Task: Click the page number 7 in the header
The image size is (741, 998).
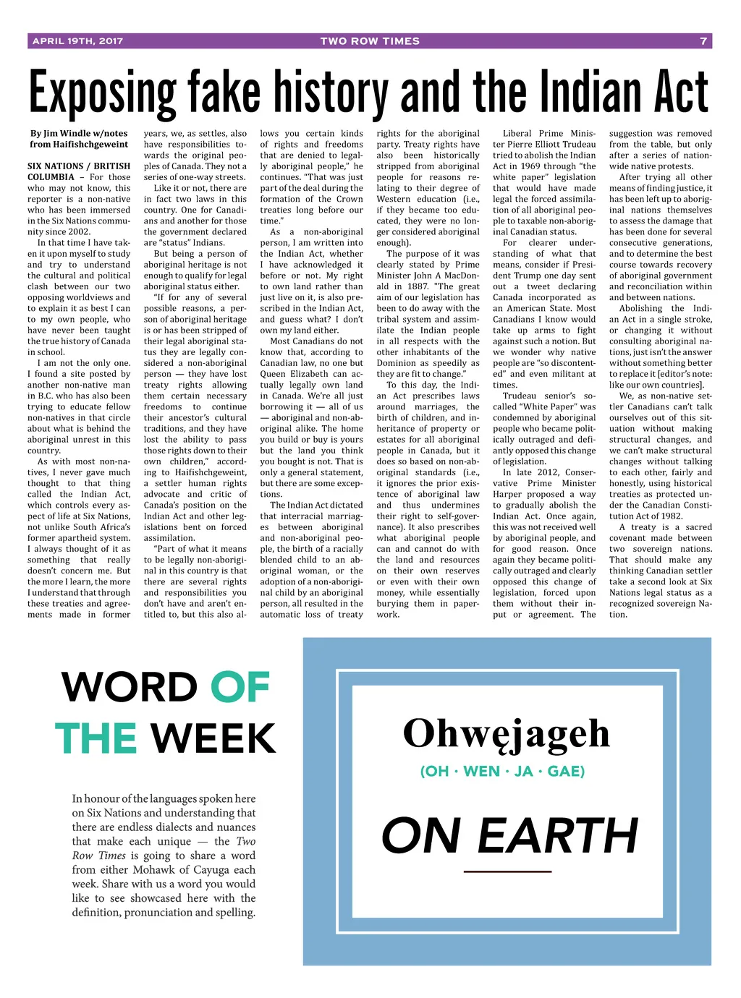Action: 703,41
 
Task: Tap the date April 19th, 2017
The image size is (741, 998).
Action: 77,41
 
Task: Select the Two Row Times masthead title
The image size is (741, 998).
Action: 370,41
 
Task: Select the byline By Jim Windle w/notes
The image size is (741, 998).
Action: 79,133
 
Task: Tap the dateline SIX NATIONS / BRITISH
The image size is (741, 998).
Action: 79,166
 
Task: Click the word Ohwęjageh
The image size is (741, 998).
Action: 507,733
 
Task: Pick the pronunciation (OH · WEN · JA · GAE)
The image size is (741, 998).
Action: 502,771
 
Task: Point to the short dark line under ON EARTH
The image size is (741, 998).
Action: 507,871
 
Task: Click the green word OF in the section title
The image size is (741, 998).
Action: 240,687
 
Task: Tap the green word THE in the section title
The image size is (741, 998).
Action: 96,738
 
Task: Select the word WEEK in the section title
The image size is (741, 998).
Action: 213,738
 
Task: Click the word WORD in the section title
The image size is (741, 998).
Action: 129,687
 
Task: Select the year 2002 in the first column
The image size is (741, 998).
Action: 79,232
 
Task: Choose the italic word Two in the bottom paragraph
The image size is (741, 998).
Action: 246,841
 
